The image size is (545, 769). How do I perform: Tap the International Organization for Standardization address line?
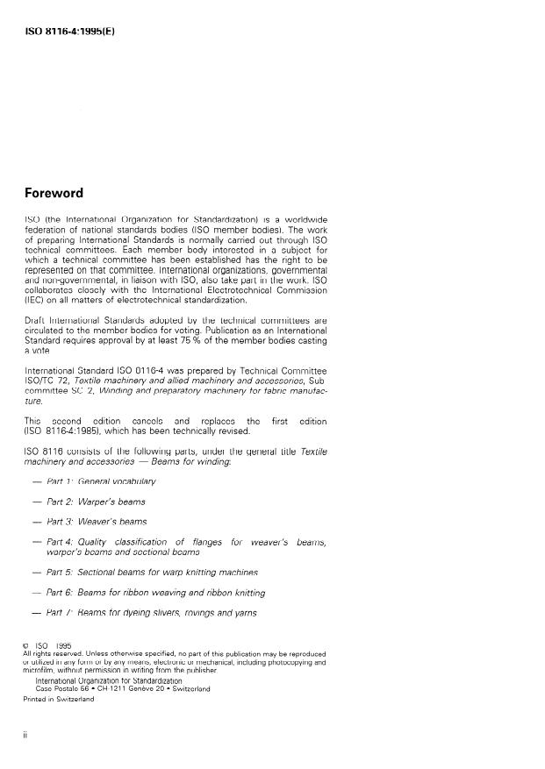[x=109, y=680]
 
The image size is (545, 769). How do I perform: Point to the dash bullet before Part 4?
[x=37, y=542]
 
